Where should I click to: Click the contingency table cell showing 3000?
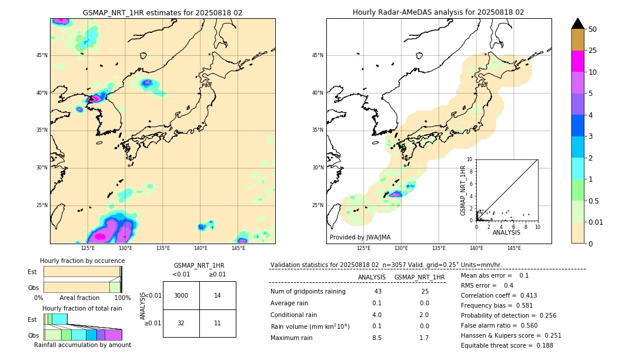tap(181, 295)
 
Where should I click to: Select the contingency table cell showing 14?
tap(218, 295)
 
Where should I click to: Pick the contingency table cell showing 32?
tap(181, 323)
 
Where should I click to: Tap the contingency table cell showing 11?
tap(218, 323)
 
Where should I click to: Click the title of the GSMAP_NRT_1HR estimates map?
tap(162, 12)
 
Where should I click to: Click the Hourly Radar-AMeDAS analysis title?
tap(438, 12)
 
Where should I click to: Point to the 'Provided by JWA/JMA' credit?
tap(360, 237)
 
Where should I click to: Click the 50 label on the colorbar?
tap(593, 29)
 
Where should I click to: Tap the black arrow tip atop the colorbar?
tap(578, 24)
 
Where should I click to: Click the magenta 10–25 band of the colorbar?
tap(578, 61)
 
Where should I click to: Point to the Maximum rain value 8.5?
tap(377, 338)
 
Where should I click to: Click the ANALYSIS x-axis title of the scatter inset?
tap(506, 233)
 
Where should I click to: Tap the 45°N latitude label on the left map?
tap(42, 55)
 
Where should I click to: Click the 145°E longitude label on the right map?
tap(514, 248)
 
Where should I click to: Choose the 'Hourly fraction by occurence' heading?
tap(82, 261)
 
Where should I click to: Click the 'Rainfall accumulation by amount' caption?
tap(83, 345)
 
